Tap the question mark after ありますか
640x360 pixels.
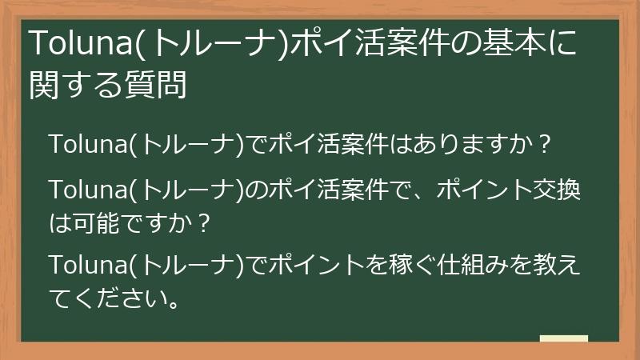click(x=546, y=145)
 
